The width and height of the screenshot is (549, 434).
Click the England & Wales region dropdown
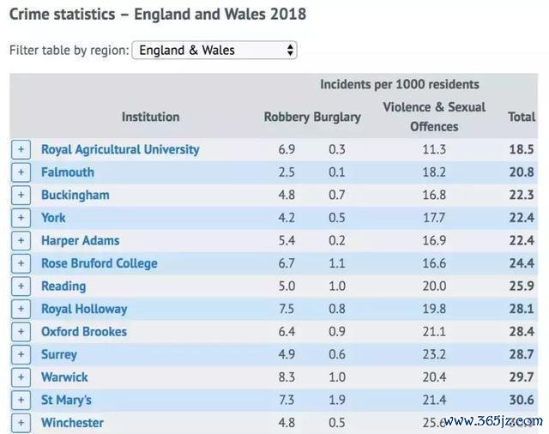coord(214,50)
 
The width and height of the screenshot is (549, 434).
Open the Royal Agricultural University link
coord(120,149)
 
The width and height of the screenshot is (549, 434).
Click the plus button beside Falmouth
coord(21,172)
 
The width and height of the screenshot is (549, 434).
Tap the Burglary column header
coord(337,117)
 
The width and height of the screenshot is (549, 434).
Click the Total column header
coord(522,117)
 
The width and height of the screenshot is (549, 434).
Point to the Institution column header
coord(150,117)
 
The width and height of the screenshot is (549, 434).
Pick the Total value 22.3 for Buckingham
coord(522,195)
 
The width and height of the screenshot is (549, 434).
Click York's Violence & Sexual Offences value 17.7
coord(434,218)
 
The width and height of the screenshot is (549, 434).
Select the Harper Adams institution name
coord(80,240)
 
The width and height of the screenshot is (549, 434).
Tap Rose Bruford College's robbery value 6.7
coord(287,263)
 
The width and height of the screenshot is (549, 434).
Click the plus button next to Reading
coord(21,286)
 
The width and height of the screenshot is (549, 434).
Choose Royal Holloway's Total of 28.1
coord(522,309)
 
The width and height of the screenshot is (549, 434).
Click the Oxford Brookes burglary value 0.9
coord(337,332)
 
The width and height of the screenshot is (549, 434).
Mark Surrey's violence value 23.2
coord(434,354)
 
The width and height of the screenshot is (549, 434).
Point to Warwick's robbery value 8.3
coord(287,377)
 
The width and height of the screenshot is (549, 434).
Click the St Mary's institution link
coord(66,400)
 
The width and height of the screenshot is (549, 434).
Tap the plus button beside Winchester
coord(21,423)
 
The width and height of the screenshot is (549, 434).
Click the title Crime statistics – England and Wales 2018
coord(158,15)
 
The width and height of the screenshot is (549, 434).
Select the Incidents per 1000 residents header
coord(400,84)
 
